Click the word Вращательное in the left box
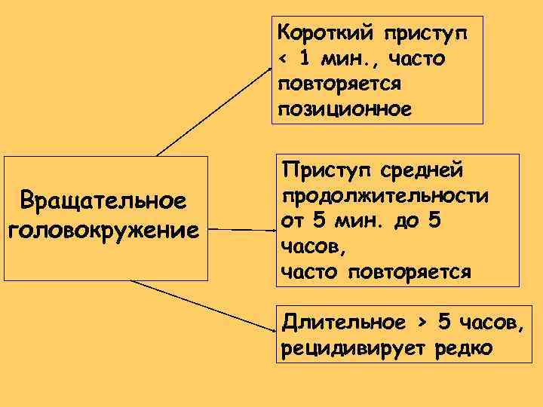[104, 201]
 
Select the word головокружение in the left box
[104, 228]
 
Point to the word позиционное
[345, 109]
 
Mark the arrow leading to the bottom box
[200, 305]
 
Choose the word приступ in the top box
[425, 33]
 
